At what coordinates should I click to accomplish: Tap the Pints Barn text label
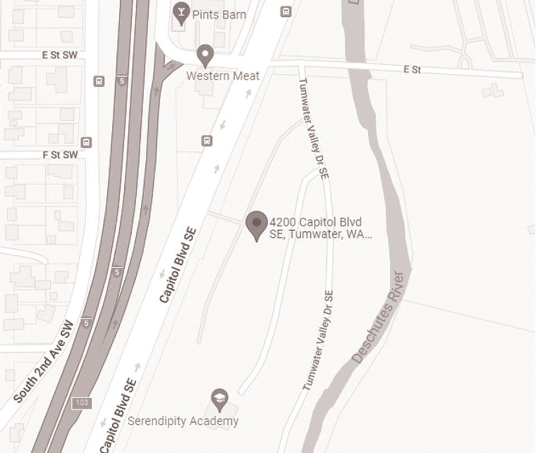click(x=218, y=15)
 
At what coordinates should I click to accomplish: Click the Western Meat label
click(x=223, y=75)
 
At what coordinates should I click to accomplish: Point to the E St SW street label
click(x=60, y=55)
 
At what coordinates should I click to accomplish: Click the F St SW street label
click(x=60, y=155)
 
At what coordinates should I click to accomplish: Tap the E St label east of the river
click(x=412, y=69)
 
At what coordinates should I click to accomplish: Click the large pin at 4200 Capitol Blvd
click(x=256, y=225)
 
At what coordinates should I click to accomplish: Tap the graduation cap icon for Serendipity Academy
click(x=220, y=398)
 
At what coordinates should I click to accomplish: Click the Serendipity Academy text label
click(x=183, y=421)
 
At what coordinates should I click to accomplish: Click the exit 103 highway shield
click(x=82, y=403)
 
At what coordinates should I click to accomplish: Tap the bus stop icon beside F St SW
click(x=86, y=142)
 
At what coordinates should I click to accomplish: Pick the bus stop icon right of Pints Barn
click(x=286, y=11)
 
